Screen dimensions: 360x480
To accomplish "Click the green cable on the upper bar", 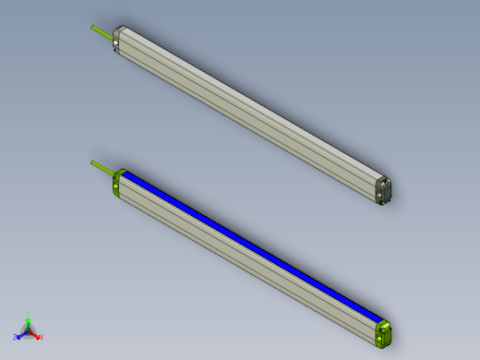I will coord(102,31).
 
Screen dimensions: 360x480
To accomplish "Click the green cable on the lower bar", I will coord(102,168).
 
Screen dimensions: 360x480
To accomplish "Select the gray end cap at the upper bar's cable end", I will coord(117,40).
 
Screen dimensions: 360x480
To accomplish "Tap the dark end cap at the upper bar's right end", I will coord(384,188).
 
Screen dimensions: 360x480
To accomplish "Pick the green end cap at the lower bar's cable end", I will coord(116,184).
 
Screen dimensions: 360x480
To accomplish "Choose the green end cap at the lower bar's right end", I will coord(384,332).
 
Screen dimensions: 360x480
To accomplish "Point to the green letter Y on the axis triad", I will coord(29,314).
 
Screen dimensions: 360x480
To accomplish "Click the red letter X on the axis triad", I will coord(42,338).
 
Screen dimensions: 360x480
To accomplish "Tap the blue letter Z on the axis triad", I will coord(16,337).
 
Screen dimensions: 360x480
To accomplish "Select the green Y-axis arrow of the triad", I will coord(29,322).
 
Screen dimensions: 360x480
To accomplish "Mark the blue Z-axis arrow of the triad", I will coord(22,333).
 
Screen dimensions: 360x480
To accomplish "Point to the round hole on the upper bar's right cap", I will coord(387,182).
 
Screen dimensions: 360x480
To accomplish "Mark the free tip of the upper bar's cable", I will coord(91,27).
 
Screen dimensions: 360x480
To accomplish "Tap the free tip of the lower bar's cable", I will coord(91,162).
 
